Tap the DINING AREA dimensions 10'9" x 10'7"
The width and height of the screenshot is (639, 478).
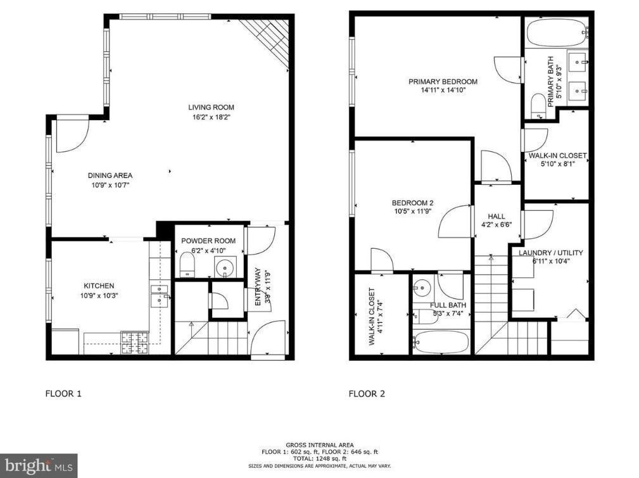pyautogui.click(x=110, y=186)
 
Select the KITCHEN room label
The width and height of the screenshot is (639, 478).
pyautogui.click(x=99, y=286)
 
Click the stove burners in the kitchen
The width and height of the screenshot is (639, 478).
pyautogui.click(x=134, y=342)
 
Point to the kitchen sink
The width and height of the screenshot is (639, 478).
pyautogui.click(x=159, y=295)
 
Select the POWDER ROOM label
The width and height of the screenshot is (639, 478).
pyautogui.click(x=208, y=241)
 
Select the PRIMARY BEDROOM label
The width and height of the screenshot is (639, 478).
pyautogui.click(x=443, y=82)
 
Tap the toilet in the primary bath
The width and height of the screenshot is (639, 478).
pyautogui.click(x=538, y=106)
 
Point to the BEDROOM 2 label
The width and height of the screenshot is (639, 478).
pyautogui.click(x=412, y=203)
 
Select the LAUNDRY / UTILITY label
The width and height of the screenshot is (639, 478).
pyautogui.click(x=550, y=253)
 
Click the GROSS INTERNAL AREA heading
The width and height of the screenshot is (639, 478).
pyautogui.click(x=320, y=445)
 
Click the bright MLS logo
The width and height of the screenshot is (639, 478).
pyautogui.click(x=38, y=465)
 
